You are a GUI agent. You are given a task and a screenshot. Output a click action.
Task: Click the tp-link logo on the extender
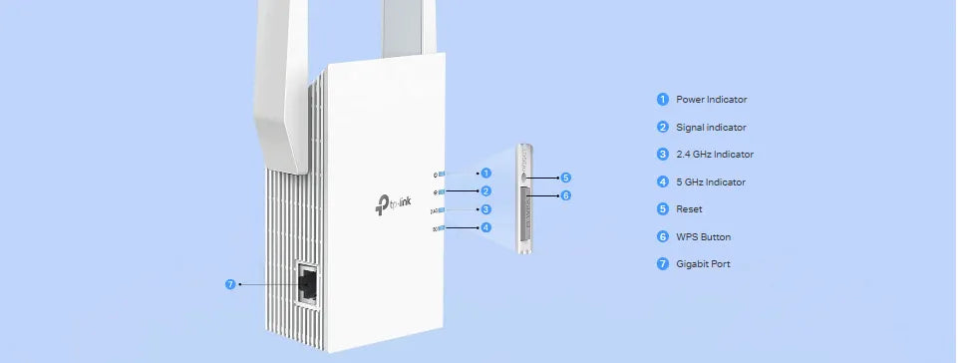(393, 204)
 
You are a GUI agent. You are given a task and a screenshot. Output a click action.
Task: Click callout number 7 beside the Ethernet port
(230, 284)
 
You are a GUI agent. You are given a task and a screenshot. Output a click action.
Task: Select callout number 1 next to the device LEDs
(485, 174)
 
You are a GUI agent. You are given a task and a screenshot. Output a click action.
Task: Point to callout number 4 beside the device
(485, 227)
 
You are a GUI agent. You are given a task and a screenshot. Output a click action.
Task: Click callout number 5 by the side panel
(566, 178)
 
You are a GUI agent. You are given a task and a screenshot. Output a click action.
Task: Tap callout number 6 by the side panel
(566, 195)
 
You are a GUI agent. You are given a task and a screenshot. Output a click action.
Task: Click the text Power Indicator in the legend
(711, 100)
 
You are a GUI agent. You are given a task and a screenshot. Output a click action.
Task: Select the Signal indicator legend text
(711, 127)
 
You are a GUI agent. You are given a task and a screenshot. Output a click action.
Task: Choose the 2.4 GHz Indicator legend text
(714, 155)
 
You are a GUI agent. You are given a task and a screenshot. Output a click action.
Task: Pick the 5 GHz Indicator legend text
(711, 182)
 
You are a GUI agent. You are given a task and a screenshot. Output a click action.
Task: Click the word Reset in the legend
(689, 209)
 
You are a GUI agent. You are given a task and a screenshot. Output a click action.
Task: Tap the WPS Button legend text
(703, 237)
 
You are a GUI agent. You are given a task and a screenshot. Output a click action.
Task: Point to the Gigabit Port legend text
(703, 264)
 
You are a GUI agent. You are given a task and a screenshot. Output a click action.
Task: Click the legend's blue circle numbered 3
(663, 154)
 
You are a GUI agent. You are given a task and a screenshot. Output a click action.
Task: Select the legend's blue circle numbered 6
(663, 236)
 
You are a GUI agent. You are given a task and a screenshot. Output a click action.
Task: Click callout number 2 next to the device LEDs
(485, 191)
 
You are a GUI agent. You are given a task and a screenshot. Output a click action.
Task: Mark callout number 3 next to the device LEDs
(485, 209)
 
